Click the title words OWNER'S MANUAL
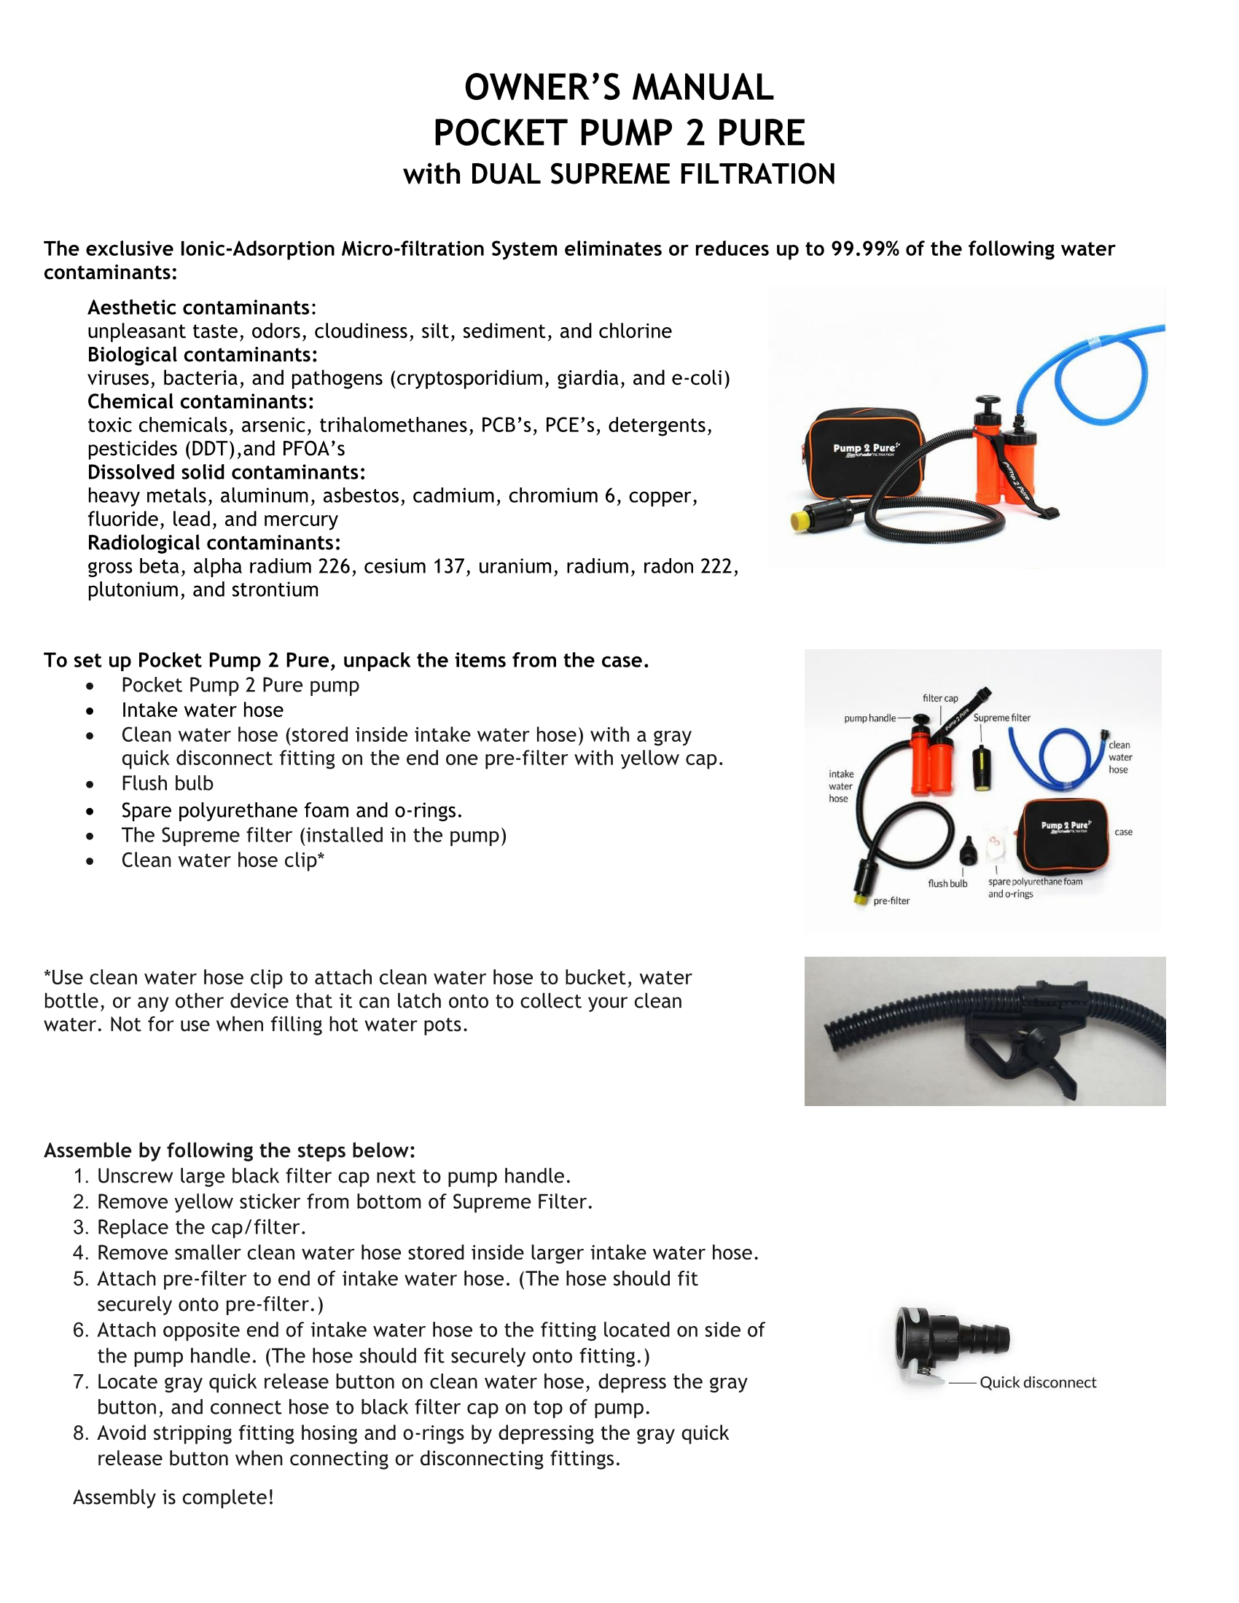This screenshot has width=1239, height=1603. (619, 88)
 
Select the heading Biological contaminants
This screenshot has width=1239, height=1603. (202, 355)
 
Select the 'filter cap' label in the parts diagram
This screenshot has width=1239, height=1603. (939, 698)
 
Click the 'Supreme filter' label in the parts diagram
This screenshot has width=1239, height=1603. (1001, 718)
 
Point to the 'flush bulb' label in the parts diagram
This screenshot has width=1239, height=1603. (947, 884)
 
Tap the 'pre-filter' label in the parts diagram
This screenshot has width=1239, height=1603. (891, 901)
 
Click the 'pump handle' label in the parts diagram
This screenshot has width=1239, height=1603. (869, 718)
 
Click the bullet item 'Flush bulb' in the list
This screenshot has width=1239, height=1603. (168, 783)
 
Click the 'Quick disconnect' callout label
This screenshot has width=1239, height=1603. (1037, 1383)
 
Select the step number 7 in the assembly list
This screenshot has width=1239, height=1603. (80, 1382)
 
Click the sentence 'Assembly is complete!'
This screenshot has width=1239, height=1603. (173, 1497)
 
